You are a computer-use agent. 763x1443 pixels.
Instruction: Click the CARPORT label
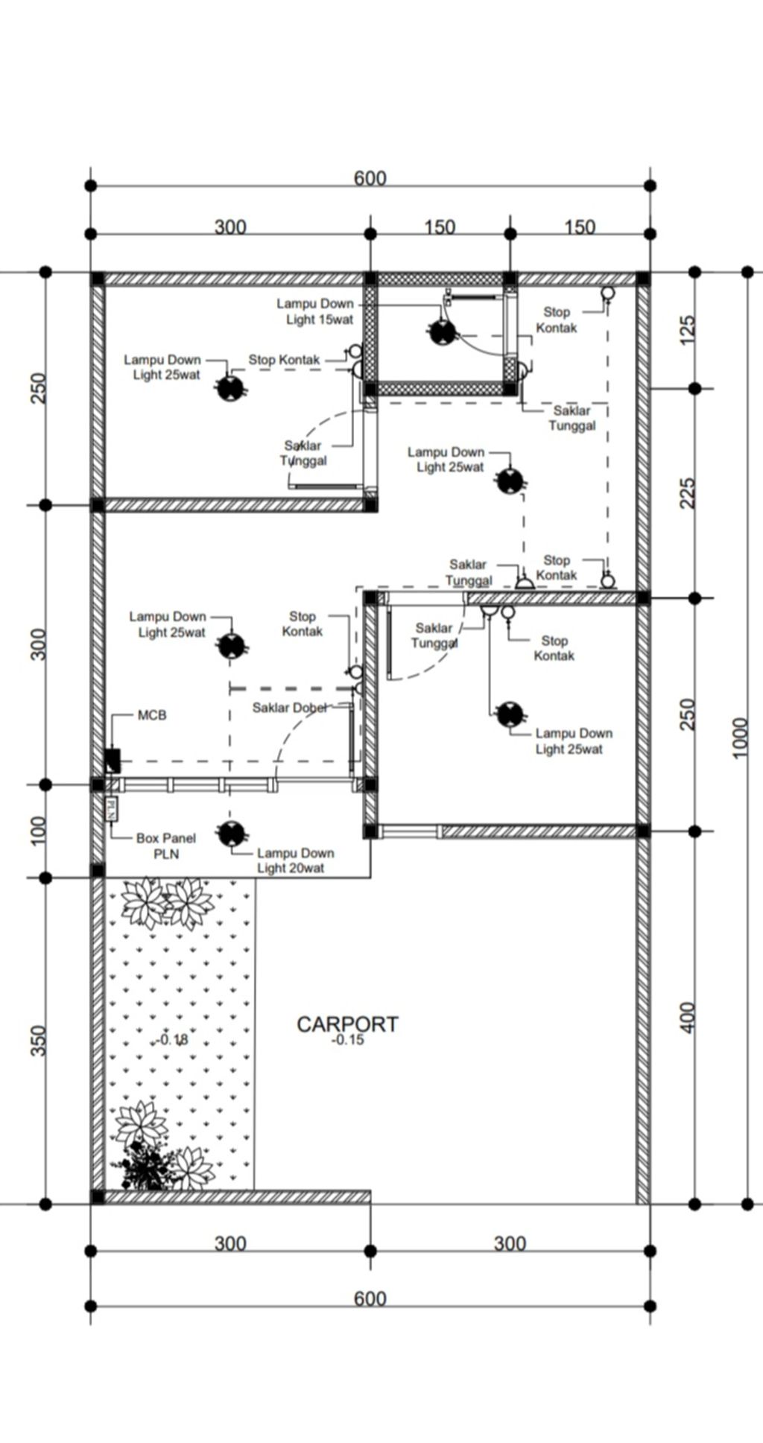click(347, 1024)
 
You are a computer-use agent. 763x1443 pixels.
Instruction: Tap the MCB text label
click(152, 715)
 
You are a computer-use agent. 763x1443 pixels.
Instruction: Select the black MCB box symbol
click(113, 761)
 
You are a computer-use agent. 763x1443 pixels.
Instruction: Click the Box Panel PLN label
click(166, 846)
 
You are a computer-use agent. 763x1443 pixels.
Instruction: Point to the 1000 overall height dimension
click(739, 738)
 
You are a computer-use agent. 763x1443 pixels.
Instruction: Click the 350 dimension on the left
click(38, 1041)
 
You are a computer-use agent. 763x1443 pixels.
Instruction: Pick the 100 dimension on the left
click(38, 831)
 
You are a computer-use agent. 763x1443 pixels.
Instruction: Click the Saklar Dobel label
click(289, 708)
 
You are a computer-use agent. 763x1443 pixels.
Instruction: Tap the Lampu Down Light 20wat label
click(296, 860)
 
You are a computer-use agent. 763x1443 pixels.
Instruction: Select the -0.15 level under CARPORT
click(347, 1040)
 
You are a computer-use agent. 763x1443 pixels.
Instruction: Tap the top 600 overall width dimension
click(370, 178)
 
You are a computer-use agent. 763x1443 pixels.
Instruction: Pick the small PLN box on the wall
click(110, 808)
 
